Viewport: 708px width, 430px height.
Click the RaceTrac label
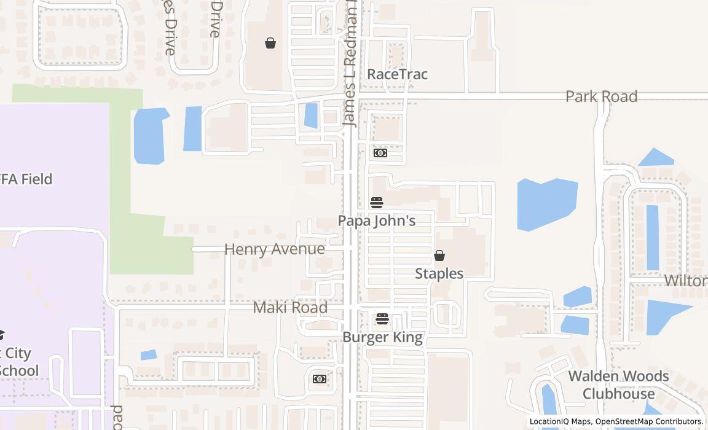pos(397,74)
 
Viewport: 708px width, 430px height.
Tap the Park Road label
pos(601,96)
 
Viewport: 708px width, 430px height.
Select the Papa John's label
pos(377,221)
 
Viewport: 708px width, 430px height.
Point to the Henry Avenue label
pos(274,249)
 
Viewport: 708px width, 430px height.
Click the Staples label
pos(439,273)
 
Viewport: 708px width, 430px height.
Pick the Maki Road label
pos(290,307)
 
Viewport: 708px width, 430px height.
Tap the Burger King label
pos(382,337)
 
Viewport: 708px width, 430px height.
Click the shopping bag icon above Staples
pos(439,256)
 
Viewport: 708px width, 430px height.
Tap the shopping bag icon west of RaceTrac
pos(270,43)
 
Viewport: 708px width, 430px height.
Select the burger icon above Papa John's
pos(377,203)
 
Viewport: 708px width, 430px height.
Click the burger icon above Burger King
pos(382,319)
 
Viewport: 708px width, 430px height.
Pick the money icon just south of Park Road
pos(380,153)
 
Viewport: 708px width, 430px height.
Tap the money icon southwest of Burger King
pos(320,379)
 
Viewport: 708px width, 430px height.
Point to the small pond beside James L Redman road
pos(311,115)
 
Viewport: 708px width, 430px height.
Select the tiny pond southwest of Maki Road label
pos(148,355)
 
